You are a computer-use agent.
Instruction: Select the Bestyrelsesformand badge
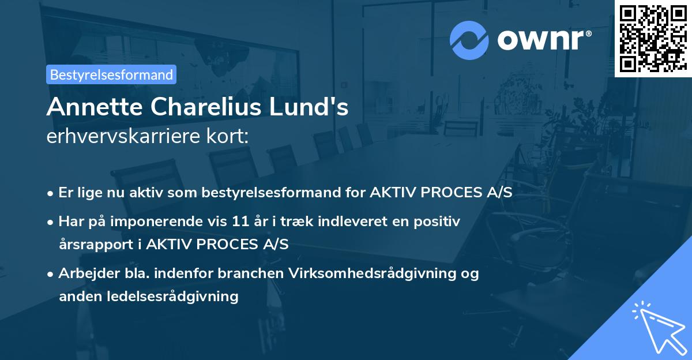[111, 74]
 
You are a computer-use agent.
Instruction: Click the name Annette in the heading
[87, 107]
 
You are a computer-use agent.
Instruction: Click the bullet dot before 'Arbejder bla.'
[52, 274]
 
